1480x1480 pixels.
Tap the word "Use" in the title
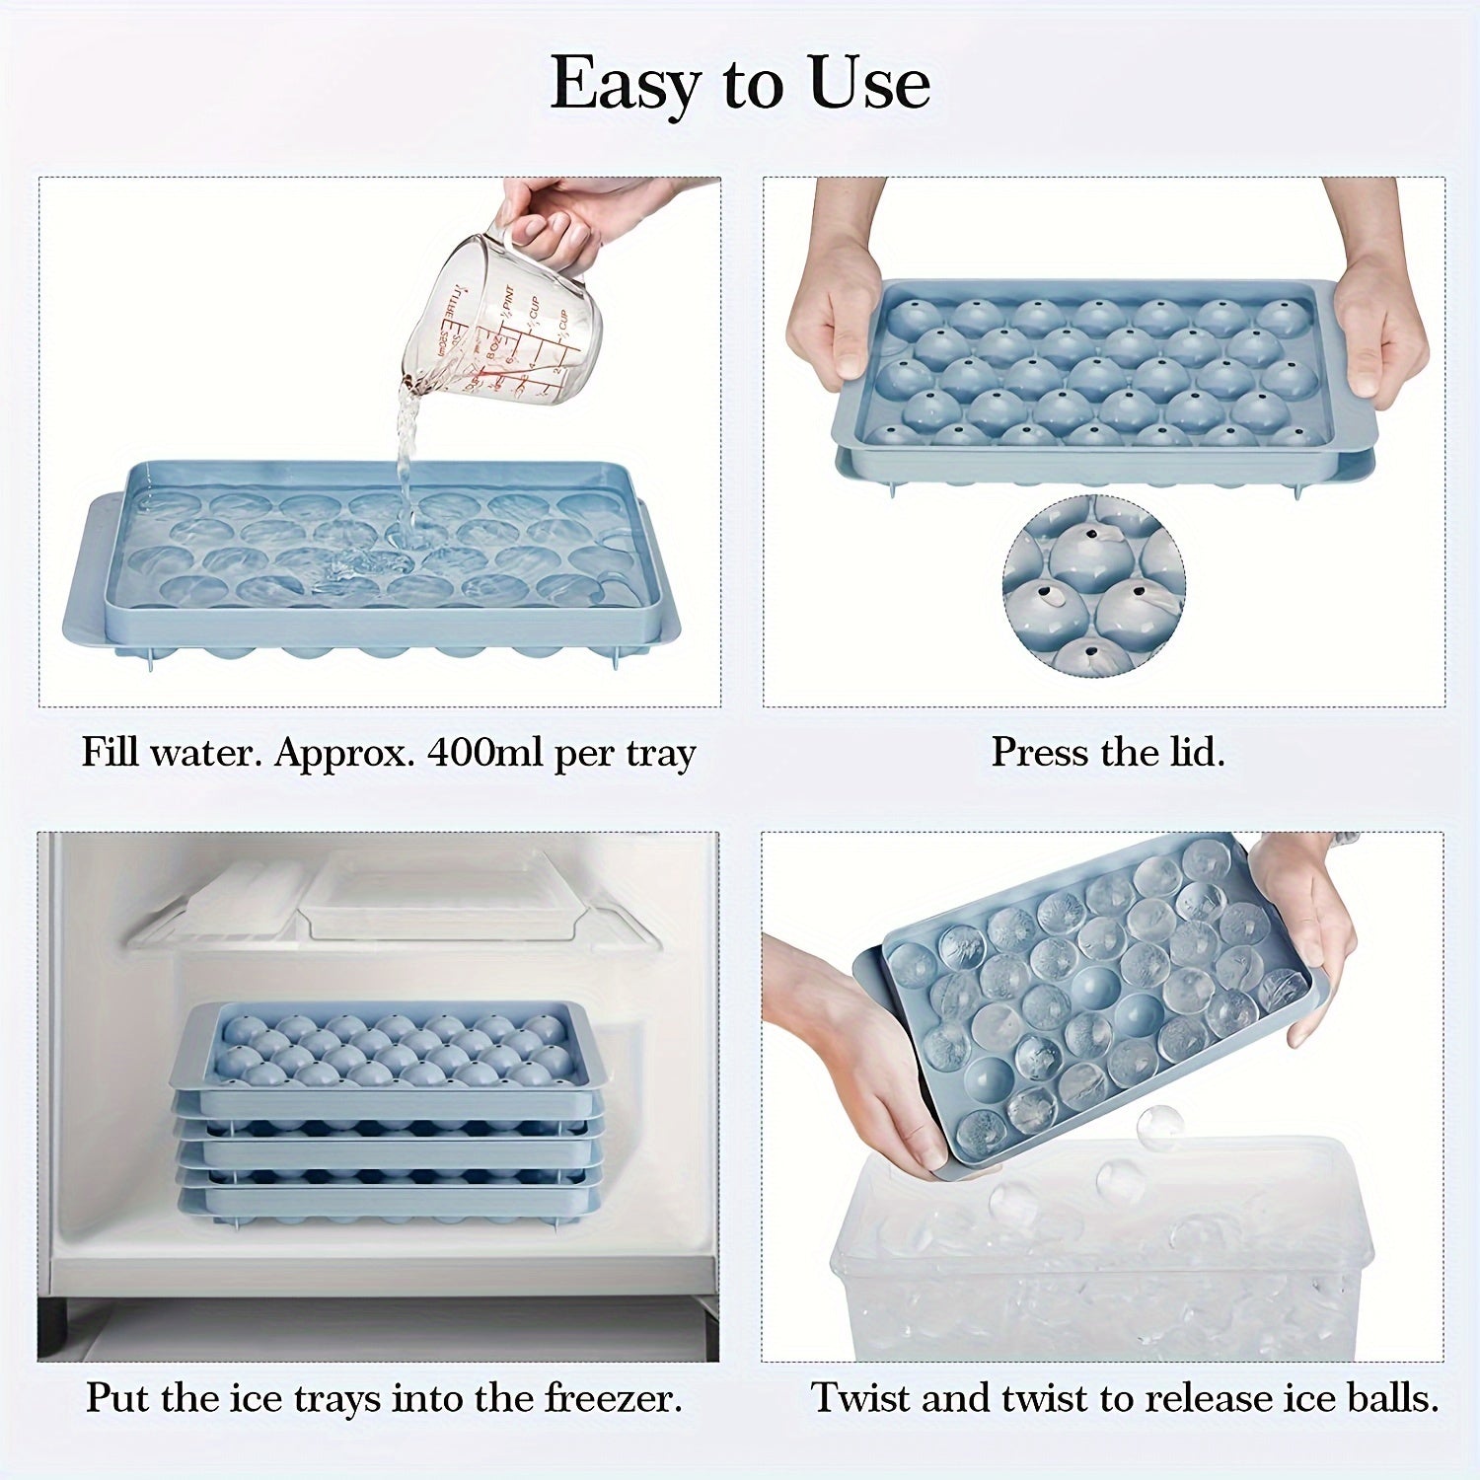click(x=869, y=83)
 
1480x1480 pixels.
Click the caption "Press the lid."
click(x=1108, y=753)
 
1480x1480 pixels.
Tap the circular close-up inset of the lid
click(x=1094, y=586)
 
